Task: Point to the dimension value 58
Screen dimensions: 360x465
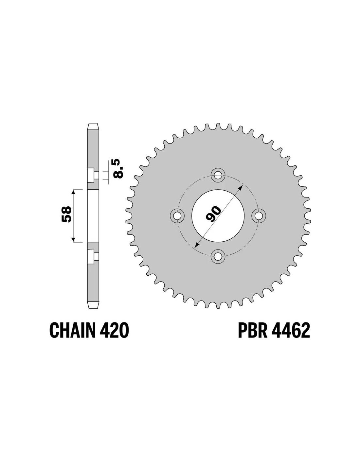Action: (x=66, y=215)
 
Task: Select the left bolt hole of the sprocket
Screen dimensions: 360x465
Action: (x=177, y=215)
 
